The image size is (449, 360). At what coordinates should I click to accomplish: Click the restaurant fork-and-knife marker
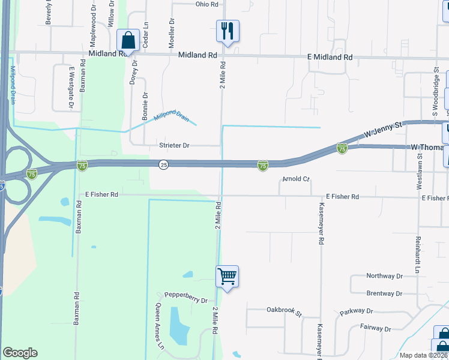pyautogui.click(x=228, y=31)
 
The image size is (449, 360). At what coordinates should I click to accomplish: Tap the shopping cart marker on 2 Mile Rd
pyautogui.click(x=228, y=277)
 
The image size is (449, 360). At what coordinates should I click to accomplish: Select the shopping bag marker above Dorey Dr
pyautogui.click(x=128, y=40)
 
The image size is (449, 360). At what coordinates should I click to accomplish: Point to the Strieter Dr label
pyautogui.click(x=174, y=146)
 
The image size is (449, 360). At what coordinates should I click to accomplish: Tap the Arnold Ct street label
pyautogui.click(x=295, y=179)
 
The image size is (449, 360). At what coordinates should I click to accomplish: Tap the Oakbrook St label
pyautogui.click(x=284, y=310)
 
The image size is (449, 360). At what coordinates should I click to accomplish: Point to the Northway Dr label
pyautogui.click(x=384, y=276)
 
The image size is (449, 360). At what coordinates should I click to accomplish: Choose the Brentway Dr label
pyautogui.click(x=384, y=293)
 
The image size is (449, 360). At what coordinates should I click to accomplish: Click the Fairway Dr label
pyautogui.click(x=375, y=329)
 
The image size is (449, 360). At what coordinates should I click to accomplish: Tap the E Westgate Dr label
pyautogui.click(x=71, y=87)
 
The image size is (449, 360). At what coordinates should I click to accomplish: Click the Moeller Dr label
pyautogui.click(x=172, y=29)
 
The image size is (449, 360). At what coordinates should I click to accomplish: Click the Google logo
pyautogui.click(x=20, y=353)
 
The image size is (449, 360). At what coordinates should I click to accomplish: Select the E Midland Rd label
pyautogui.click(x=330, y=58)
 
